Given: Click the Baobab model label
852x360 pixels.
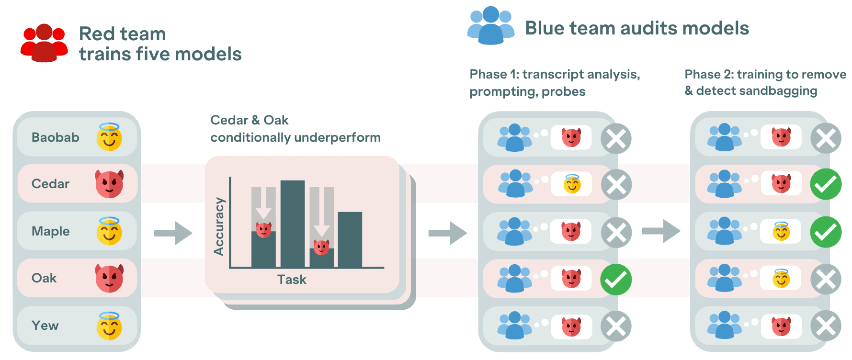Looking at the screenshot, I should (55, 137).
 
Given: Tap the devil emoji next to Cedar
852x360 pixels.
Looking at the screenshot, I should (109, 184).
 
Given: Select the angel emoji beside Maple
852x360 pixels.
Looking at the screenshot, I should (109, 231).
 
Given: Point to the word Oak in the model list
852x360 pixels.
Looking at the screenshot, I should (44, 278).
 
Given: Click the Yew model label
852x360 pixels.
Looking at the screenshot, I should (45, 326).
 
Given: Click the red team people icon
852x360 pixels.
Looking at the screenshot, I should (44, 43).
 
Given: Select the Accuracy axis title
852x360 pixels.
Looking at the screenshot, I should (219, 226).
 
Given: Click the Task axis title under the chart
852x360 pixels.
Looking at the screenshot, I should (292, 280).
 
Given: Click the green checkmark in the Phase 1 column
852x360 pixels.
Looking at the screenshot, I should (616, 280).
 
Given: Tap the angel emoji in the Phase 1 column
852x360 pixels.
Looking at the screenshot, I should (572, 184).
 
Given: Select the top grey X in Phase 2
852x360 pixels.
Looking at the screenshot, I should (826, 138).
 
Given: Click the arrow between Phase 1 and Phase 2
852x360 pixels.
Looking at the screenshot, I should (661, 231).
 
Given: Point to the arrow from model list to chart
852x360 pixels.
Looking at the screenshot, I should (173, 233).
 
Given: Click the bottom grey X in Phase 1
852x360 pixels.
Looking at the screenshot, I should (616, 326).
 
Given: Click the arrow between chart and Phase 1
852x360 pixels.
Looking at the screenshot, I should (447, 233).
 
